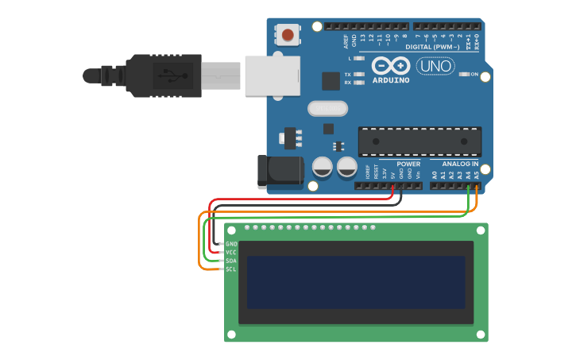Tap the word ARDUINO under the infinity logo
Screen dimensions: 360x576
coord(390,80)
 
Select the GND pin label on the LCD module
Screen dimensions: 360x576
coord(231,244)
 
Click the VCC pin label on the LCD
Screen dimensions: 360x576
coord(231,252)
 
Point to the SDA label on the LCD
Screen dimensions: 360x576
coord(231,261)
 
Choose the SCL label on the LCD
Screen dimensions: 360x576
coord(231,269)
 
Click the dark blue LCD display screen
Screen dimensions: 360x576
coord(355,282)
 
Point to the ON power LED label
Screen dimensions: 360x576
coord(474,75)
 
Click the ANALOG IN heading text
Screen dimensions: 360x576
coord(460,165)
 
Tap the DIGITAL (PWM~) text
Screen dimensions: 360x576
coord(432,47)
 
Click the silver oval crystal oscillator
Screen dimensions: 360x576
coord(327,108)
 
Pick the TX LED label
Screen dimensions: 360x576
coord(348,75)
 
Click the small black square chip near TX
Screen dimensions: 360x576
coord(331,80)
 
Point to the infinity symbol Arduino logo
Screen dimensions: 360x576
coord(390,66)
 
